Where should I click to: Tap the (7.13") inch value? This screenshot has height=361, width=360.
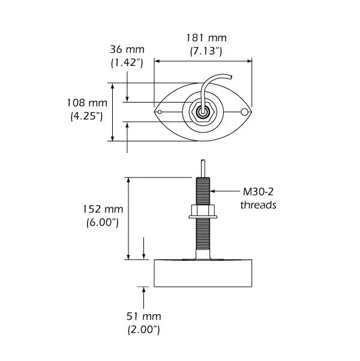(x=202, y=52)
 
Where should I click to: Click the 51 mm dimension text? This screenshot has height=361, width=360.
(x=144, y=316)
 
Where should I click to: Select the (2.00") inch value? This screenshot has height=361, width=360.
(x=144, y=329)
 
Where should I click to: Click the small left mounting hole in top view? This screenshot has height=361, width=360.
(x=159, y=112)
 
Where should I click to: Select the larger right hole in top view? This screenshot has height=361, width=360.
(x=244, y=112)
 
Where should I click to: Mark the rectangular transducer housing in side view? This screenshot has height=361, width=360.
(x=202, y=273)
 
